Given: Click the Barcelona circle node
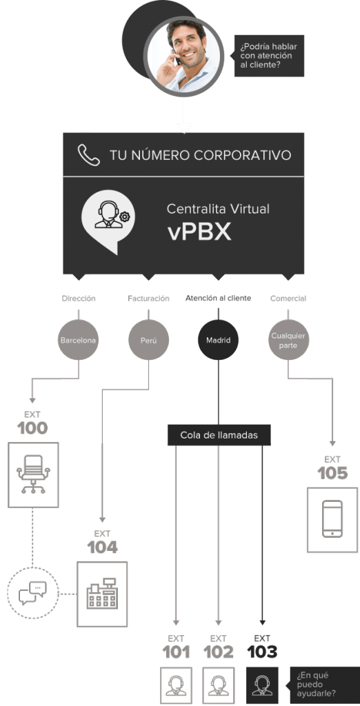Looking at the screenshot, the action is click(x=79, y=340).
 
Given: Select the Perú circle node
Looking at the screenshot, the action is click(x=148, y=340).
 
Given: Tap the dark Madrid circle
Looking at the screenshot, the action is click(x=218, y=340).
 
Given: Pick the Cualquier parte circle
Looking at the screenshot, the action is click(x=288, y=340).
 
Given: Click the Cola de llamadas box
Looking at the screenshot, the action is click(x=219, y=435).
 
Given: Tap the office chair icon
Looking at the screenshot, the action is click(x=33, y=474).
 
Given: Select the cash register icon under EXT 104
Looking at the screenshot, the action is click(x=102, y=594).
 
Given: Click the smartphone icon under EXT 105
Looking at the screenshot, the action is click(x=332, y=518).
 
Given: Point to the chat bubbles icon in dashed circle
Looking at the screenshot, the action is click(x=32, y=593).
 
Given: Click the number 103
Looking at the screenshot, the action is click(x=262, y=652).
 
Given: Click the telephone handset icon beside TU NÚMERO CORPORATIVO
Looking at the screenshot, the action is click(x=89, y=155).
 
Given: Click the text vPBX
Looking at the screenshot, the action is click(x=199, y=232).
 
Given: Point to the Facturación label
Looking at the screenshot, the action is click(x=148, y=299).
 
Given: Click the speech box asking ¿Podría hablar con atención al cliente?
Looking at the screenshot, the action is click(x=269, y=56).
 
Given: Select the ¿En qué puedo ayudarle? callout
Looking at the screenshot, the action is click(x=323, y=685).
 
